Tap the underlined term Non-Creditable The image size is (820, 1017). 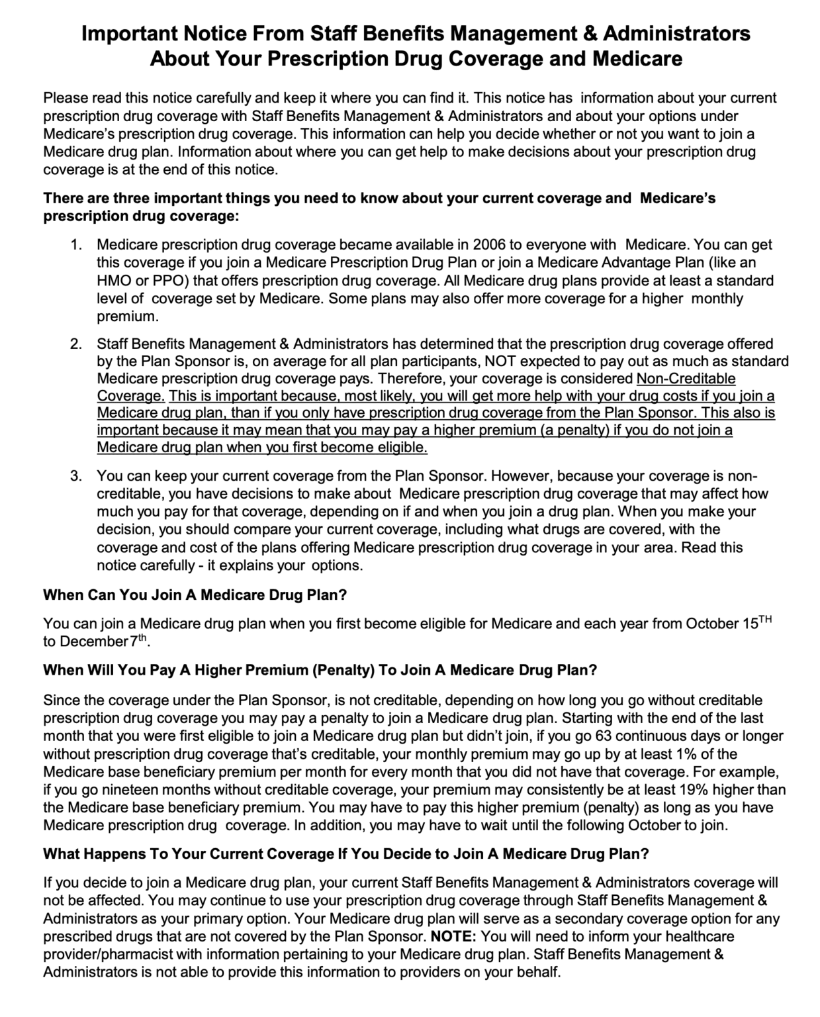click(x=686, y=379)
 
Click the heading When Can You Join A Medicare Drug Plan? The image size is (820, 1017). click(x=195, y=595)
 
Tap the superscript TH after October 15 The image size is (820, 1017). click(x=764, y=619)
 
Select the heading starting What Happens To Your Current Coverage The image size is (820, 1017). click(x=345, y=853)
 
